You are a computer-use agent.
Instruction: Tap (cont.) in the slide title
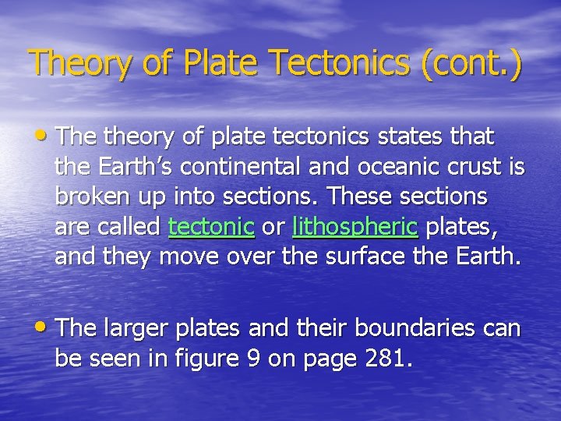click(471, 62)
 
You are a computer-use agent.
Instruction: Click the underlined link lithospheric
click(355, 228)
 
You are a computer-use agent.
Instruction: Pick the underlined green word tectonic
click(211, 228)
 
